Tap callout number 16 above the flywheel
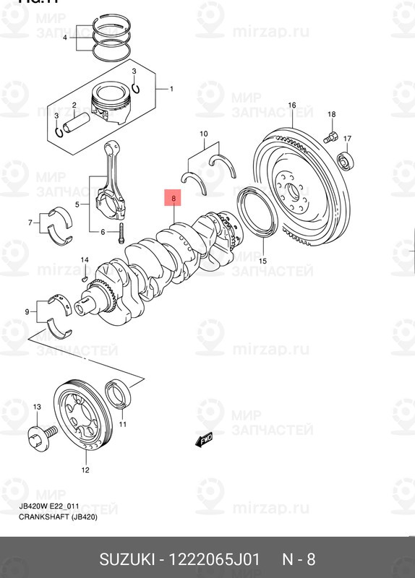(x=292, y=106)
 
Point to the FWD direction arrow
(x=203, y=439)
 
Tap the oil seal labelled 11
(x=116, y=395)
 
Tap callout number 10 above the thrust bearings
(x=203, y=134)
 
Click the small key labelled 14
(x=85, y=275)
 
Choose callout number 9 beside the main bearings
(x=27, y=312)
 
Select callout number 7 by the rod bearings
(x=30, y=223)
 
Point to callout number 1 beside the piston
(x=171, y=89)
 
